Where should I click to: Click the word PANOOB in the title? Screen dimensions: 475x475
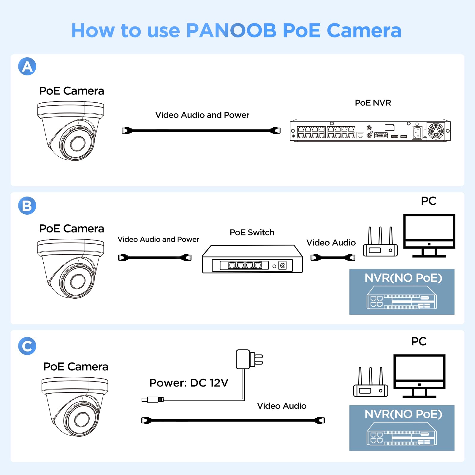click(231, 31)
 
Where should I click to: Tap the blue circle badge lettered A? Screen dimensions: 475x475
click(27, 66)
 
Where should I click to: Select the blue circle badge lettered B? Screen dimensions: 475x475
click(27, 205)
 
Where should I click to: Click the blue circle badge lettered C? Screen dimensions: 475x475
click(27, 346)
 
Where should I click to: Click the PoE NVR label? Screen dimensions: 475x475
click(373, 103)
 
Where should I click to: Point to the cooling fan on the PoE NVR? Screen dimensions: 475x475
click(436, 131)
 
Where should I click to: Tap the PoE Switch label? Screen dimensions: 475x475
click(252, 232)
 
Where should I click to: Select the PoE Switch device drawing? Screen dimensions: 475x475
click(252, 259)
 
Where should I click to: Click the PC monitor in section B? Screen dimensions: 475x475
click(429, 232)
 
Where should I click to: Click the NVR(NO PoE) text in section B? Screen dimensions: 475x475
click(403, 278)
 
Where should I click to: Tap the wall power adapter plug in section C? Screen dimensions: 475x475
click(249, 359)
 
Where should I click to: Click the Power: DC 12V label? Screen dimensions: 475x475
click(189, 383)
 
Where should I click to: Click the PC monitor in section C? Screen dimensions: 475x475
click(419, 372)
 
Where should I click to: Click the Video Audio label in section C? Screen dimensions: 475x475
click(281, 406)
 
